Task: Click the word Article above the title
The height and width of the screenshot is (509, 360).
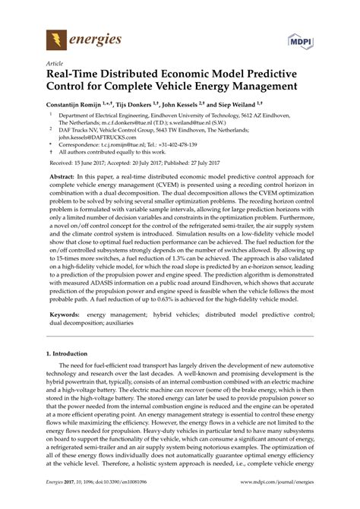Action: (55, 65)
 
